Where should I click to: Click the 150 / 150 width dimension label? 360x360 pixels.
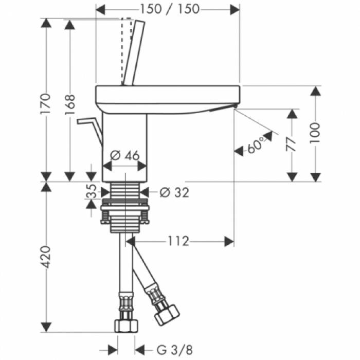170,9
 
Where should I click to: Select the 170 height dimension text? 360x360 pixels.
45,104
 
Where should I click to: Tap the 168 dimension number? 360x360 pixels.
69,104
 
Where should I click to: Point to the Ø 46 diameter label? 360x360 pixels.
124,155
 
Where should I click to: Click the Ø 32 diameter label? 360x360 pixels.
174,192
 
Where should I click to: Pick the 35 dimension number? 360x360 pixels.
92,191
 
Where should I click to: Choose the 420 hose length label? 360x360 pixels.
45,257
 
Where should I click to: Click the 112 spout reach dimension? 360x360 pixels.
178,241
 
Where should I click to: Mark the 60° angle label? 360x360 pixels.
256,146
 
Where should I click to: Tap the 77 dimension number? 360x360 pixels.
292,144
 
